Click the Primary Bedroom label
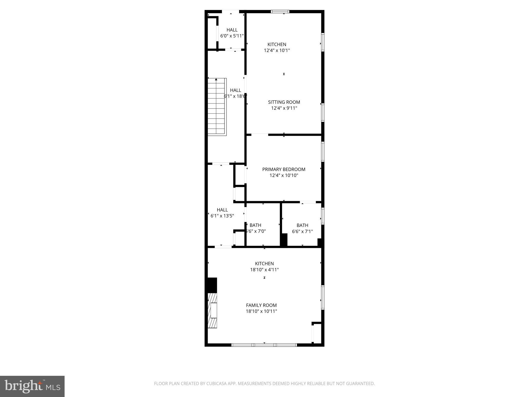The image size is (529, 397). click(x=284, y=169)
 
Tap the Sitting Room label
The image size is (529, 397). click(x=284, y=102)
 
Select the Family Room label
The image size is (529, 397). click(x=261, y=305)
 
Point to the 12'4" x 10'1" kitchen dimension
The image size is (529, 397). click(x=277, y=50)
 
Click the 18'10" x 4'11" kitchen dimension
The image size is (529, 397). click(x=264, y=270)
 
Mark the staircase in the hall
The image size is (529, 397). click(x=217, y=107)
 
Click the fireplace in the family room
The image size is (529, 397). click(x=213, y=310)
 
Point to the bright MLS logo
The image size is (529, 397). click(x=32, y=386)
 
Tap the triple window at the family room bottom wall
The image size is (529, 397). click(x=264, y=345)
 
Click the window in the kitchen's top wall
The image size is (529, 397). click(x=280, y=12)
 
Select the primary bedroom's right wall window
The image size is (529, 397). click(x=323, y=151)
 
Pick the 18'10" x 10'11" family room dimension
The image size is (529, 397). click(x=261, y=311)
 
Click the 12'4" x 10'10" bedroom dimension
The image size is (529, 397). click(x=284, y=175)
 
